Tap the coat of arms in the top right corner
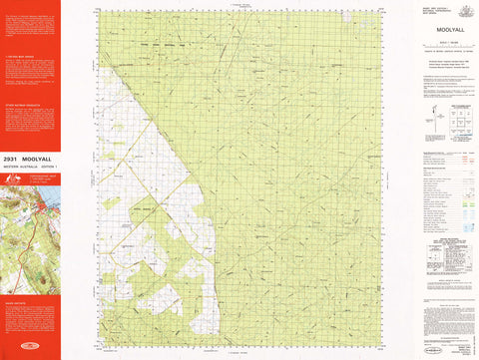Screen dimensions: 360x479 coord(463,10)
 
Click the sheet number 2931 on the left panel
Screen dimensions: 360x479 coord(13,160)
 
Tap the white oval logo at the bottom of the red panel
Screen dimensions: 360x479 coord(31,353)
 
